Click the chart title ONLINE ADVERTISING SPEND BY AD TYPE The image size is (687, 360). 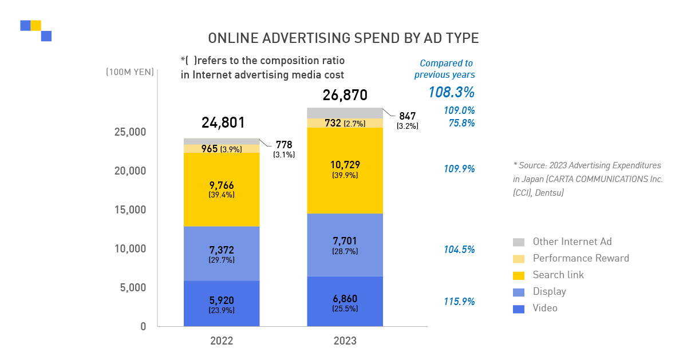click(x=343, y=38)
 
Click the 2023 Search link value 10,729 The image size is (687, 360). click(x=345, y=165)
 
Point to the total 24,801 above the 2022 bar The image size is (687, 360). click(x=223, y=122)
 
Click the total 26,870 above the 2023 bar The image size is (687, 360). click(x=345, y=95)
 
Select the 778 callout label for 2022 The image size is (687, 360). click(x=283, y=145)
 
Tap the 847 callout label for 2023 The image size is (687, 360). click(x=407, y=116)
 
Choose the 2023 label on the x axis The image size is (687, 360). click(x=345, y=341)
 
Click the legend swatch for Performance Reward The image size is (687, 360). click(x=519, y=259)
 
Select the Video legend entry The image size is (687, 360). click(x=544, y=308)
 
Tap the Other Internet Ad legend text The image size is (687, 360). click(x=572, y=242)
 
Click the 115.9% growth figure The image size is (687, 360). click(x=459, y=302)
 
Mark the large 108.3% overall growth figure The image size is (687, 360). click(x=451, y=92)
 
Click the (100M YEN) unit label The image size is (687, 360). click(x=129, y=72)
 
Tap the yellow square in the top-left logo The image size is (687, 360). click(x=36, y=25)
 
